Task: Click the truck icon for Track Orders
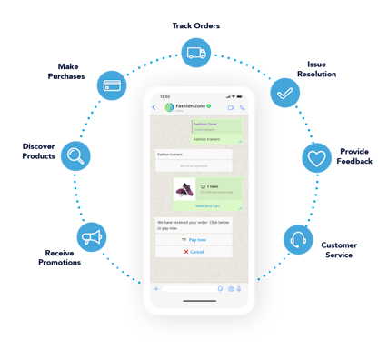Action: pos(195,54)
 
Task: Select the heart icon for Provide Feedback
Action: pos(316,157)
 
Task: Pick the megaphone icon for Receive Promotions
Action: pos(92,237)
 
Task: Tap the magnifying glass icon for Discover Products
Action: pos(75,155)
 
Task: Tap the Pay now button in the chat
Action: pos(194,239)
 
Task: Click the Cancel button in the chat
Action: pos(194,252)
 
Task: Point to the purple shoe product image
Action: pos(184,191)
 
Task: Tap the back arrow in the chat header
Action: pos(154,107)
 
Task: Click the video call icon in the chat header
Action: pos(231,107)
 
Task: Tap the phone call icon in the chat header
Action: pos(242,107)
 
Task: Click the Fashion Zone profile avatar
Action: pos(168,107)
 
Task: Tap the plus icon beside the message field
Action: pos(156,288)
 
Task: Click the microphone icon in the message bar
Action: pos(241,288)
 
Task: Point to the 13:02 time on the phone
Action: pos(164,95)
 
